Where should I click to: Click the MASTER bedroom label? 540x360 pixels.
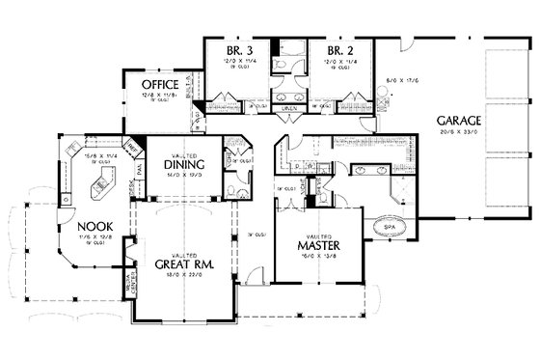pyautogui.click(x=314, y=245)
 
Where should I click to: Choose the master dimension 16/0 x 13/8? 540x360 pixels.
pyautogui.click(x=314, y=258)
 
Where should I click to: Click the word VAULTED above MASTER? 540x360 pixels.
pyautogui.click(x=314, y=235)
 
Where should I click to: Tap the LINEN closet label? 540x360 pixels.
pyautogui.click(x=288, y=110)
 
